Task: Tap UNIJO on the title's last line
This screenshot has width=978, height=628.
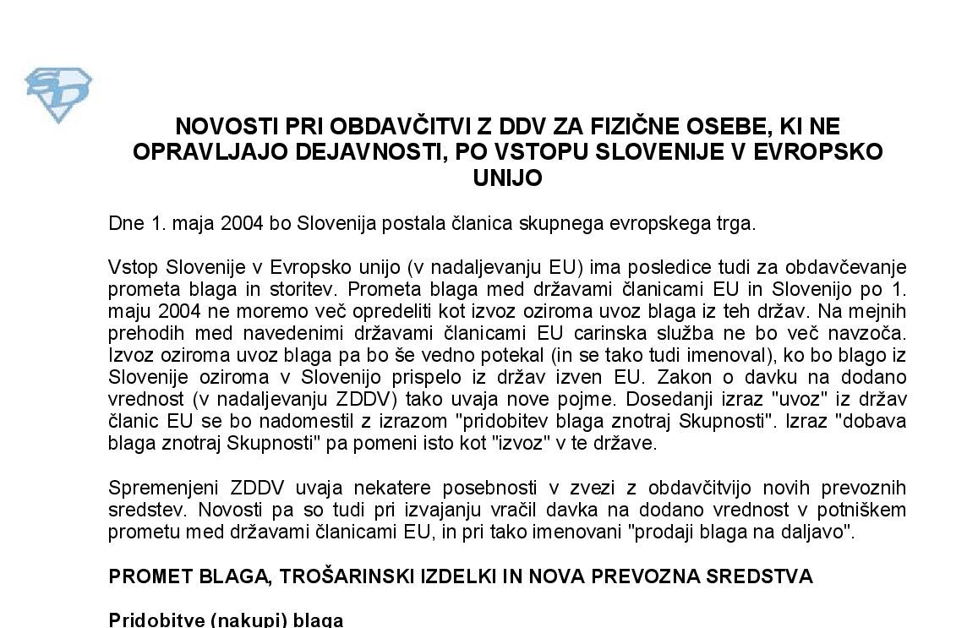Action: coord(507,178)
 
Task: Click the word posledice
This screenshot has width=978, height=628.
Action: coord(657,268)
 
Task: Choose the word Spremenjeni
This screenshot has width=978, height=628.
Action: coord(163,489)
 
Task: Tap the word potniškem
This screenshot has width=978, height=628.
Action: coord(863,511)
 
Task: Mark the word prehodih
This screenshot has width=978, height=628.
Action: coord(140,334)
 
